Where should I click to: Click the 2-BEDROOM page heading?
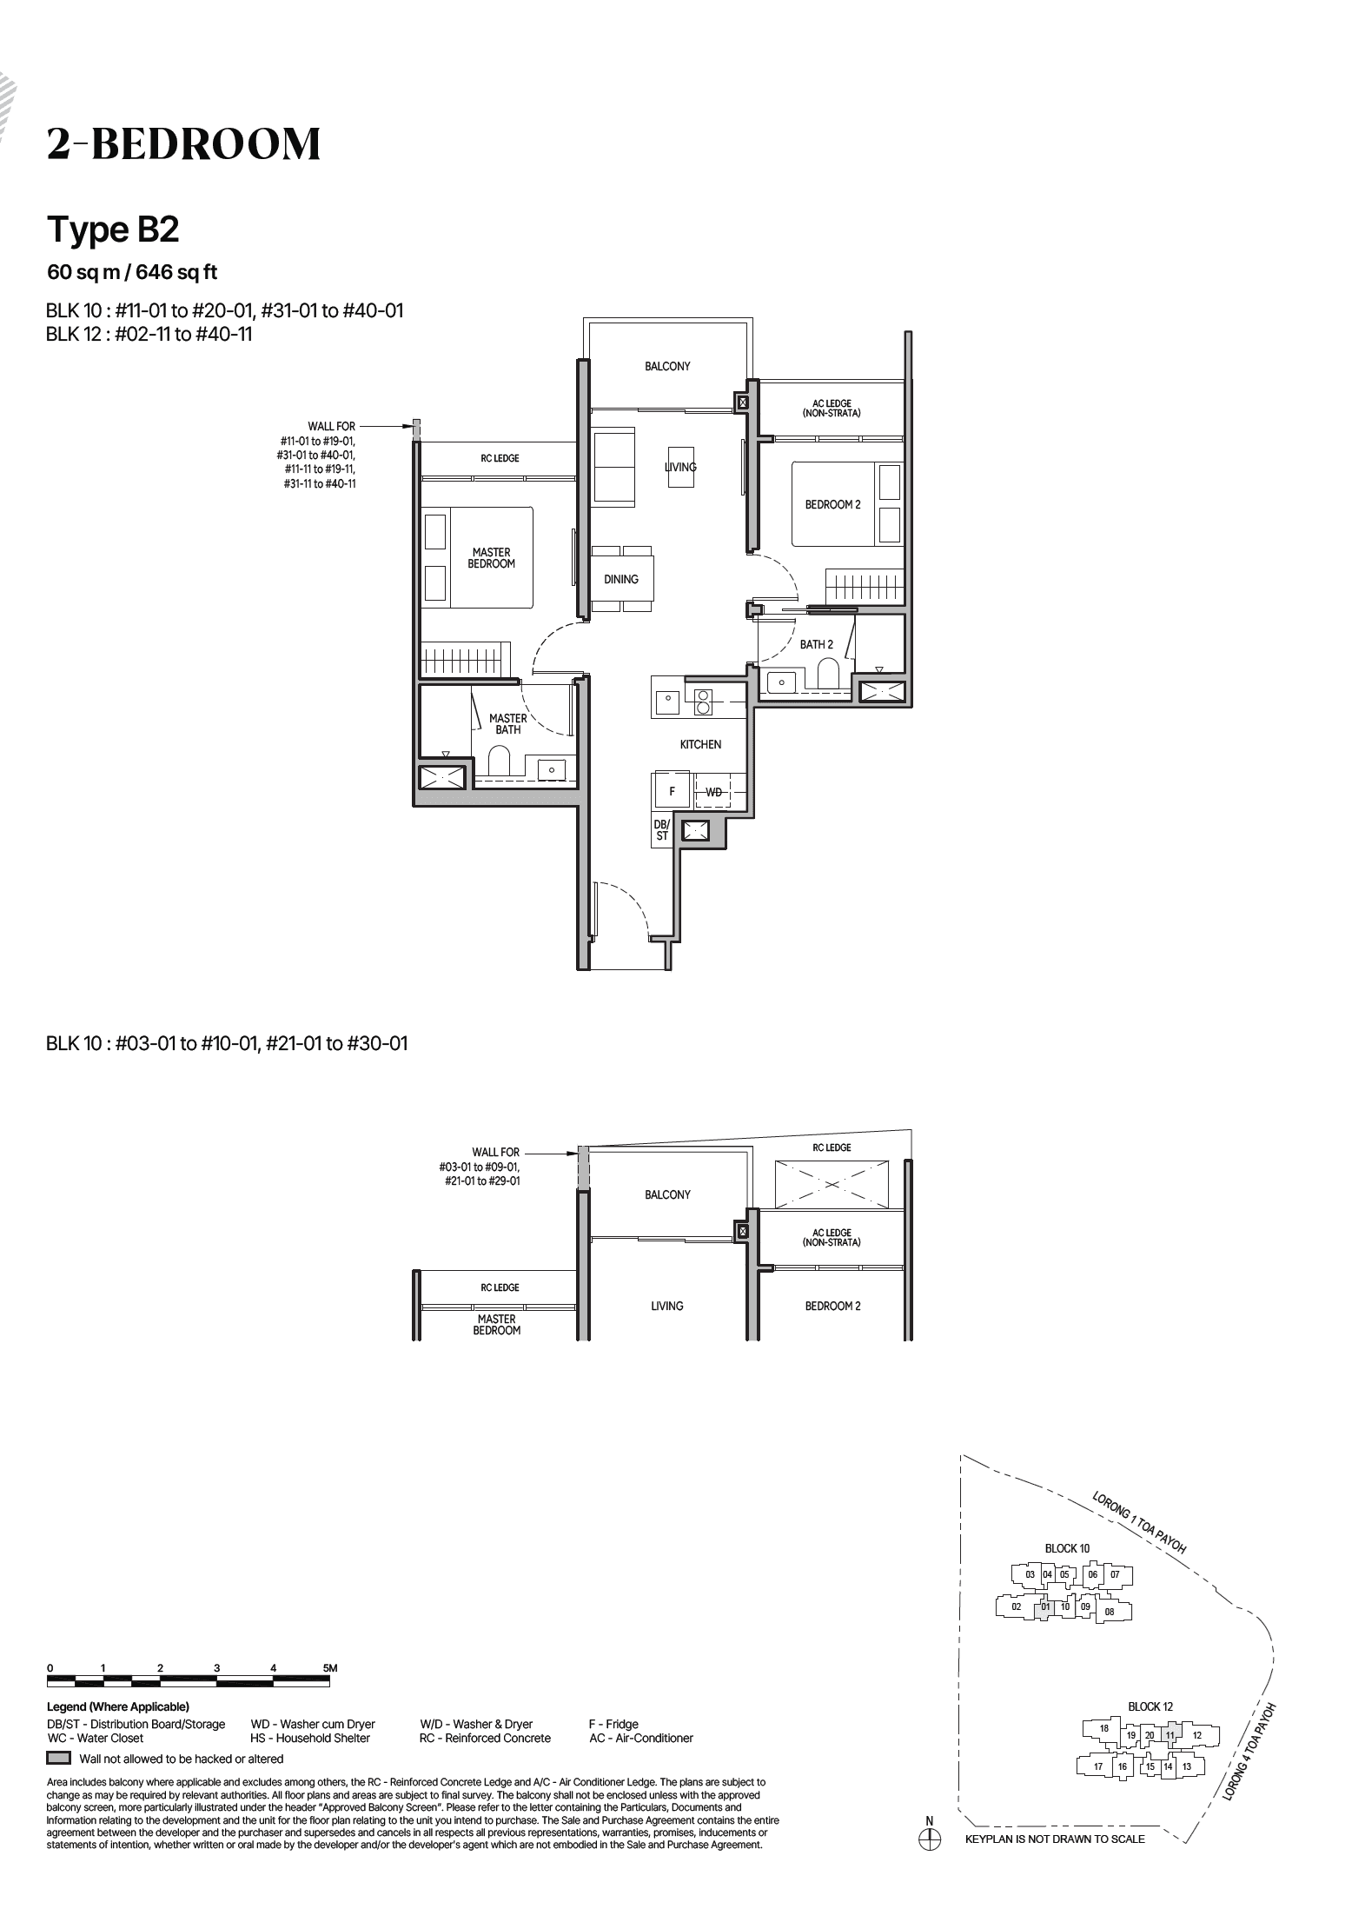[183, 144]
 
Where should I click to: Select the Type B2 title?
[113, 229]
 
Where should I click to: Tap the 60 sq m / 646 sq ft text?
[132, 272]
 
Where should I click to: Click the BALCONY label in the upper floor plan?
[667, 367]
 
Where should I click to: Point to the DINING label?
[621, 580]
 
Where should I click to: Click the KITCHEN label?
[700, 745]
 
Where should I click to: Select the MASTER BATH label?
[507, 724]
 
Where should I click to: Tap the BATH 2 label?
[816, 645]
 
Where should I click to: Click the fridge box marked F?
[672, 792]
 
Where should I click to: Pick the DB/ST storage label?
[661, 830]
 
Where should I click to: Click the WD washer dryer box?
[713, 792]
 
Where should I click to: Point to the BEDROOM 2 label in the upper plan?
[832, 505]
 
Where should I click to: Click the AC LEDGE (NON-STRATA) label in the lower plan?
[832, 1238]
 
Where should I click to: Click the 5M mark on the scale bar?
[329, 1668]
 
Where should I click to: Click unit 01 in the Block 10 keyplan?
[1046, 1607]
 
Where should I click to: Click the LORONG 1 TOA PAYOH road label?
[1139, 1522]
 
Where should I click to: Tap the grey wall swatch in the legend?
[58, 1758]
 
